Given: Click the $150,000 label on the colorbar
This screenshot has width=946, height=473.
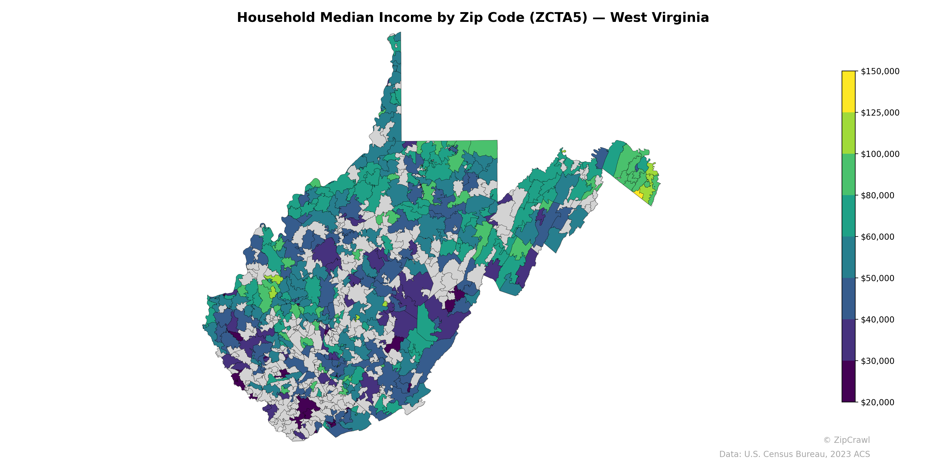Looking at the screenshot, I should click(880, 71).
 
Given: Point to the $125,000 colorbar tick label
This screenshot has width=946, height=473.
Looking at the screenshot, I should click(880, 113).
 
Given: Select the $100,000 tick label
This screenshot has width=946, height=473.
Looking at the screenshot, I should click(880, 154).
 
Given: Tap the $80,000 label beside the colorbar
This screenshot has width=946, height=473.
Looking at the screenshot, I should click(878, 195).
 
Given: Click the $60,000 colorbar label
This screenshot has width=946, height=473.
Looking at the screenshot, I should click(878, 237).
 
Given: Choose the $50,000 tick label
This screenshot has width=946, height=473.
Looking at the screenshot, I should click(878, 278).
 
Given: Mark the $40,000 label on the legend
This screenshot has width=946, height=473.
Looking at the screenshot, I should click(878, 320).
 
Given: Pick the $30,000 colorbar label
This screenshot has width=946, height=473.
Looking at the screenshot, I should click(878, 361).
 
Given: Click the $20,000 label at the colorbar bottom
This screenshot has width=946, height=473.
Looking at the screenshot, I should click(878, 402).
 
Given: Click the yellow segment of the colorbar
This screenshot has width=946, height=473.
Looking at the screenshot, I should click(848, 92).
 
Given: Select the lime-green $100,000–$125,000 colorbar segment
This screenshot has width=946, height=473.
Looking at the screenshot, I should click(848, 133).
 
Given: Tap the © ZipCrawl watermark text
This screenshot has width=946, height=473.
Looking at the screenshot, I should click(846, 440).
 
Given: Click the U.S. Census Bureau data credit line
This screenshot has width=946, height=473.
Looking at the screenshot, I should click(794, 454).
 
